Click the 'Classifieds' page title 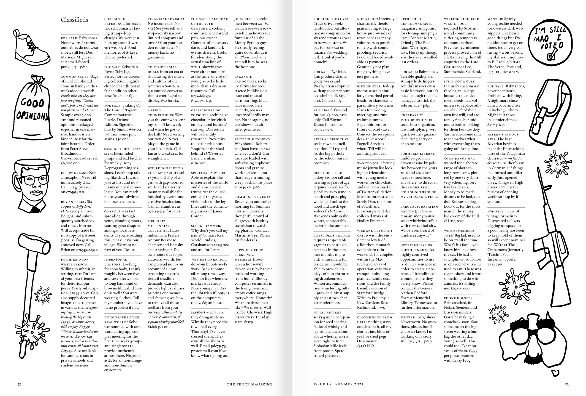click(74, 20)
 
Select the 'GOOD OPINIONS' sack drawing click(32, 107)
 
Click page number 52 click(19, 384)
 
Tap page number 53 click(567, 384)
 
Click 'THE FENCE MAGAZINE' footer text click(249, 384)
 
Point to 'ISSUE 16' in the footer click(322, 384)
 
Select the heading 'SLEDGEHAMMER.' click(206, 226)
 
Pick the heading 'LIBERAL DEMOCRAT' click(331, 139)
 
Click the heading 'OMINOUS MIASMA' click(120, 212)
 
